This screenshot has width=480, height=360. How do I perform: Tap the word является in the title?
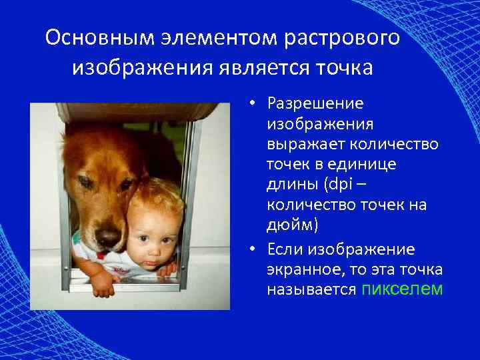265,67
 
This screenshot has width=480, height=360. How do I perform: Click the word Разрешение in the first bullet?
315,104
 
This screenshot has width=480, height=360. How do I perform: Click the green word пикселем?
400,289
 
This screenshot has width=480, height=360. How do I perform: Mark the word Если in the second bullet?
283,249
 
